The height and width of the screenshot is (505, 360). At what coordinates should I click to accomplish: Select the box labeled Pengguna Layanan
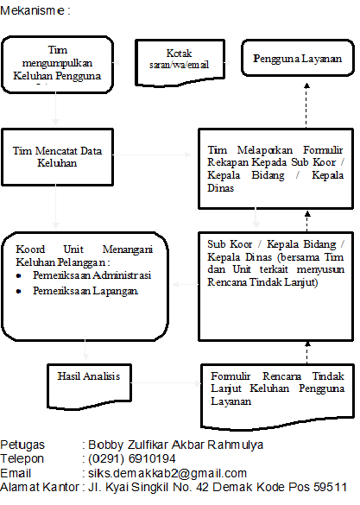pyautogui.click(x=298, y=58)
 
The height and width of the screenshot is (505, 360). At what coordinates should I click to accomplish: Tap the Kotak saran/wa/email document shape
pyautogui.click(x=180, y=63)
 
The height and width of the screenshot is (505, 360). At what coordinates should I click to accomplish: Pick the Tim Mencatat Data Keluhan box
pyautogui.click(x=57, y=157)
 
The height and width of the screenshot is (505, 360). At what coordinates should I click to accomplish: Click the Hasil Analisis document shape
pyautogui.click(x=89, y=386)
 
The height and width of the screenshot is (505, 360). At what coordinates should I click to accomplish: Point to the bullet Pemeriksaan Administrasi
pyautogui.click(x=92, y=275)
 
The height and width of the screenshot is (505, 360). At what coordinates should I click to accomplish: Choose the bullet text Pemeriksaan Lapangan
pyautogui.click(x=85, y=291)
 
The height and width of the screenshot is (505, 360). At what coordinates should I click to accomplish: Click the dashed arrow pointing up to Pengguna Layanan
pyautogui.click(x=306, y=105)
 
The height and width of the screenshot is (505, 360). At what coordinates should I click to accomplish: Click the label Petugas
pyautogui.click(x=22, y=445)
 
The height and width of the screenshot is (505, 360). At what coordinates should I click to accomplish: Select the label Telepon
pyautogui.click(x=22, y=458)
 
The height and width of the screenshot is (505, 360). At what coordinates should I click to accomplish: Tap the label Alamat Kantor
pyautogui.click(x=40, y=487)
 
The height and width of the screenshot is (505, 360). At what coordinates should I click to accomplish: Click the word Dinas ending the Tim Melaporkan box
pyautogui.click(x=220, y=188)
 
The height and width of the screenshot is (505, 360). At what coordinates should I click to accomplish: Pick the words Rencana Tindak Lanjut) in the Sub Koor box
pyautogui.click(x=262, y=282)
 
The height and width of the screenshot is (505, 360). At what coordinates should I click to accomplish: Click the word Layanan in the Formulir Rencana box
pyautogui.click(x=231, y=401)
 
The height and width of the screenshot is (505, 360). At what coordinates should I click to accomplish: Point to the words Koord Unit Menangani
pyautogui.click(x=85, y=249)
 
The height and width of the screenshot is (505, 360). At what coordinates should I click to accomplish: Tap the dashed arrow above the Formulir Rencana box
pyautogui.click(x=307, y=352)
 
